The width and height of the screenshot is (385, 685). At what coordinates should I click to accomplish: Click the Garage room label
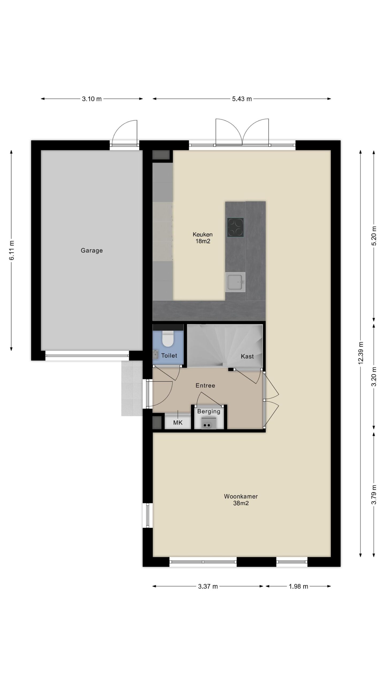(x=91, y=250)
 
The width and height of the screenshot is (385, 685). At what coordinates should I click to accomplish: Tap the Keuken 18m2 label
(x=202, y=238)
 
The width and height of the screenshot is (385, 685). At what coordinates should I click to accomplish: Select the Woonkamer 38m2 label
(x=241, y=500)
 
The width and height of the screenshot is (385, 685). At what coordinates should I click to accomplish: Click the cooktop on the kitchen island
(x=235, y=227)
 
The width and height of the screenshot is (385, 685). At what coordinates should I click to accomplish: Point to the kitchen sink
(x=235, y=282)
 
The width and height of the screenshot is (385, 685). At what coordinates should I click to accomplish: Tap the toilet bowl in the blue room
(x=168, y=338)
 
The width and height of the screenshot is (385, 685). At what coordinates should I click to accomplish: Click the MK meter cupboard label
(x=178, y=423)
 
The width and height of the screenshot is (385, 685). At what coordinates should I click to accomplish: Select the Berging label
(x=209, y=412)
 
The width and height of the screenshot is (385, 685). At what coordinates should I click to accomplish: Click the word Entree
(x=205, y=385)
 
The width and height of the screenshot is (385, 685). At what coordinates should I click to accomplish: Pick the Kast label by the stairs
(x=247, y=356)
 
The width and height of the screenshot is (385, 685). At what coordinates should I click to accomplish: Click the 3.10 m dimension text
(x=92, y=99)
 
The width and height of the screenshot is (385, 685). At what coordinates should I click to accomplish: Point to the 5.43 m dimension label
(x=242, y=99)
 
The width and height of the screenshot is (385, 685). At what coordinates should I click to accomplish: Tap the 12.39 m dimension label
(x=361, y=353)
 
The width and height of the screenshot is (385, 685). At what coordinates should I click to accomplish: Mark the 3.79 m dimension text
(x=374, y=494)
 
